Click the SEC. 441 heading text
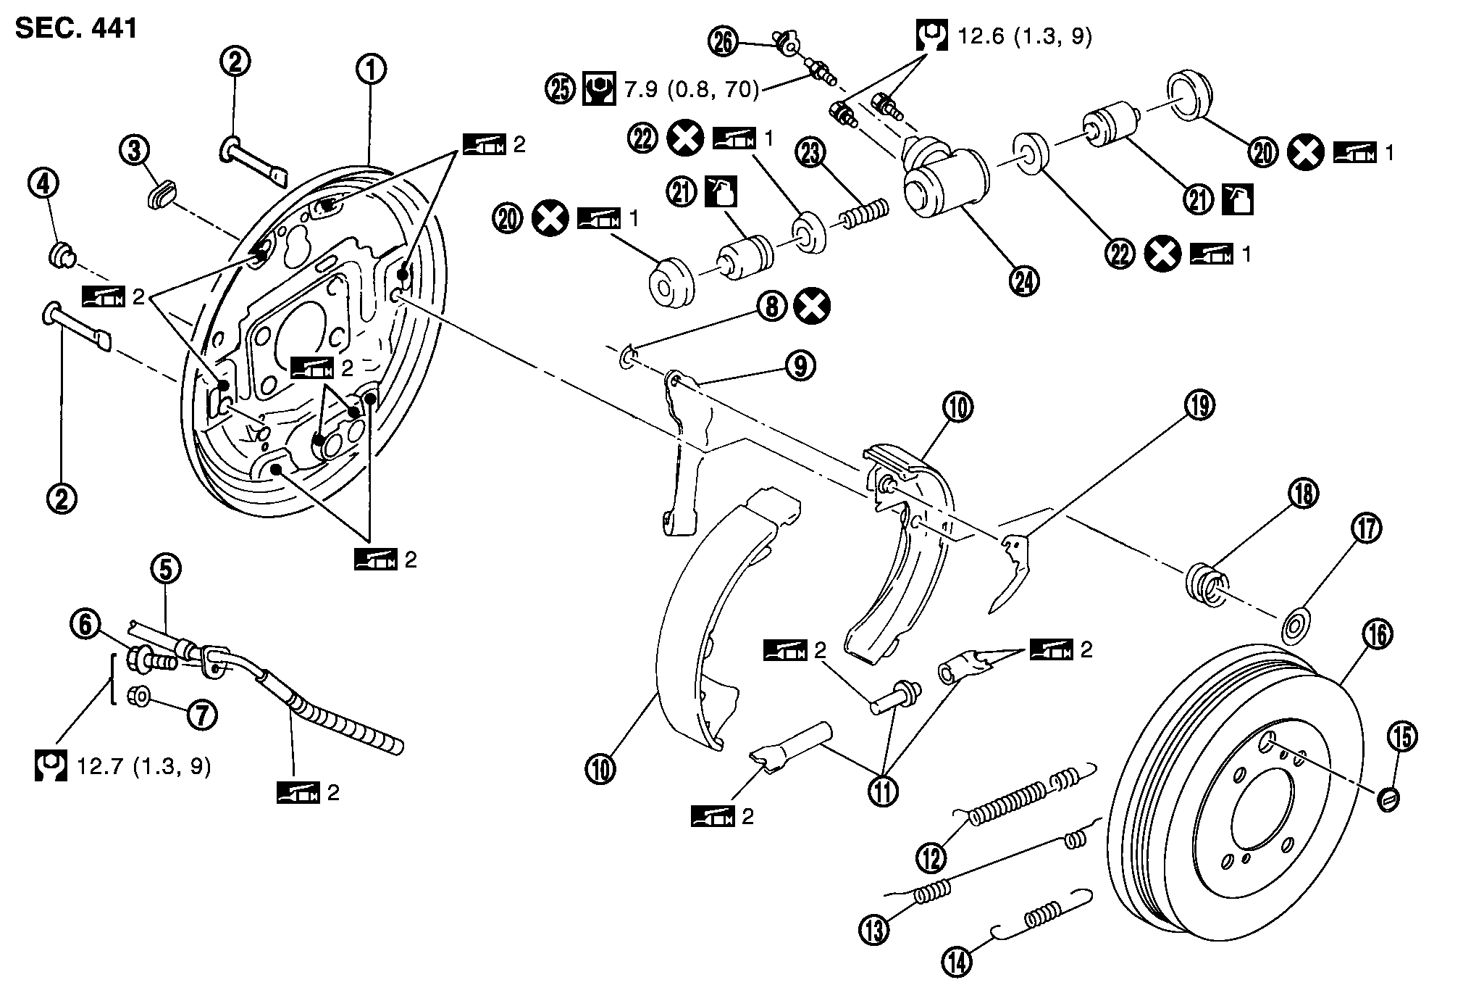coord(76,28)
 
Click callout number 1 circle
coord(371,70)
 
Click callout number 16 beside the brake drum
coord(1377,634)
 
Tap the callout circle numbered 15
coord(1402,738)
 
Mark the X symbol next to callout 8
coord(812,307)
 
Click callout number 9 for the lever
coord(800,366)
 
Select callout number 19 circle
coord(1199,405)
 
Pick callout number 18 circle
coord(1303,494)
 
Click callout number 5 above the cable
coord(166,570)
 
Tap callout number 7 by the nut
coord(202,715)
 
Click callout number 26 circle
coord(723,43)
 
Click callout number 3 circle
coord(135,151)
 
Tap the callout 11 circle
coord(884,790)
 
